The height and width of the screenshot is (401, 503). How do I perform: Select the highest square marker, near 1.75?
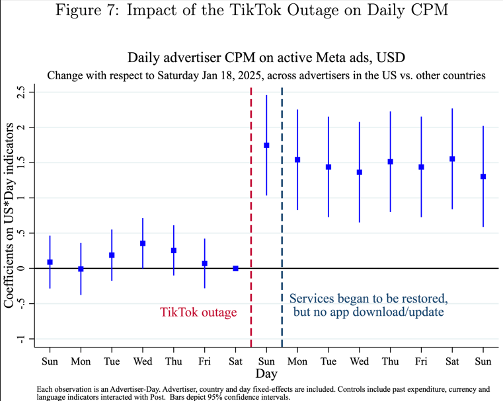point(266,145)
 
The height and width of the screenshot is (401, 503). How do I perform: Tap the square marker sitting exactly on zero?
point(235,268)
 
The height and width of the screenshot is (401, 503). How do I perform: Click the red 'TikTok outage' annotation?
point(198,312)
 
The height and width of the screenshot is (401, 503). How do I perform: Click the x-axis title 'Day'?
point(266,373)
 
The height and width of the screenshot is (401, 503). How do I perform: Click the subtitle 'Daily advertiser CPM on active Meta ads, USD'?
point(266,58)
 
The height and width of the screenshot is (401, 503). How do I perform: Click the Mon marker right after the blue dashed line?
point(297,160)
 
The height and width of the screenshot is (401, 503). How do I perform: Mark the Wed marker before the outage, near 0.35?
point(143,243)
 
